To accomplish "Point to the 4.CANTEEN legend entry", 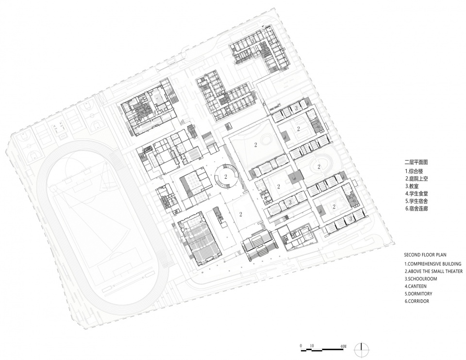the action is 416,286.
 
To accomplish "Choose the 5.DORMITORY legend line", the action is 418,293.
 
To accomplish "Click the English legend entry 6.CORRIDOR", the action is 416,301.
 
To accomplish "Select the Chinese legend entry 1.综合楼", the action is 414,171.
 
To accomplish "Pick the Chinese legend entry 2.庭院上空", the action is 416,179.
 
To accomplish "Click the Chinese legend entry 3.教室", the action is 412,187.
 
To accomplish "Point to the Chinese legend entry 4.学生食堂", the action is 416,194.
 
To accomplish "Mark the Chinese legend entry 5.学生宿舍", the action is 416,201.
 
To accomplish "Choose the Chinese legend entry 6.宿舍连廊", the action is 416,208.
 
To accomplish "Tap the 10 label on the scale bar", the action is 312,346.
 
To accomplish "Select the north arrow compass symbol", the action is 361,347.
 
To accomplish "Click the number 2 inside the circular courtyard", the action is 226,177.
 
